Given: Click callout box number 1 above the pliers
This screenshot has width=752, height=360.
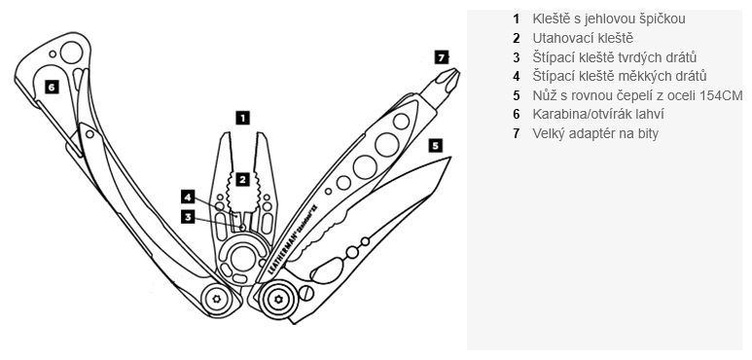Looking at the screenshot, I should pos(243,117).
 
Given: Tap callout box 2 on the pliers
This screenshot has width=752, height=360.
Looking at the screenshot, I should pos(243,179).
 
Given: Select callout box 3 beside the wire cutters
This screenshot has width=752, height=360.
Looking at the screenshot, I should pos(187,217).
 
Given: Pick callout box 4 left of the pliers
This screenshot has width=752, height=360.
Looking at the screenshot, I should pos(187,197).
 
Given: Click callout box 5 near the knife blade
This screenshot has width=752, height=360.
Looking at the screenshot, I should pos(435,144).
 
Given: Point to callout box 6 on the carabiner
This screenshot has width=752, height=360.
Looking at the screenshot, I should pos(50,87).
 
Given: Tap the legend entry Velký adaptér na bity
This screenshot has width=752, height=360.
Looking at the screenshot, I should pos(595,133).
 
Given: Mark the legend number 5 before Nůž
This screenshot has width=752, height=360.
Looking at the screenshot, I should pos(517,95).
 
